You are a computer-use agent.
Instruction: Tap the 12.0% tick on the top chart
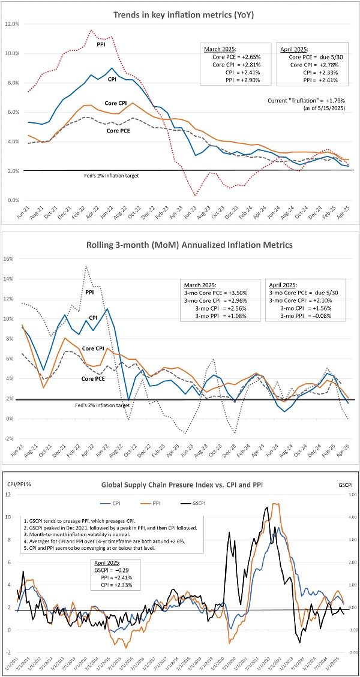pyautogui.click(x=13, y=24)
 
